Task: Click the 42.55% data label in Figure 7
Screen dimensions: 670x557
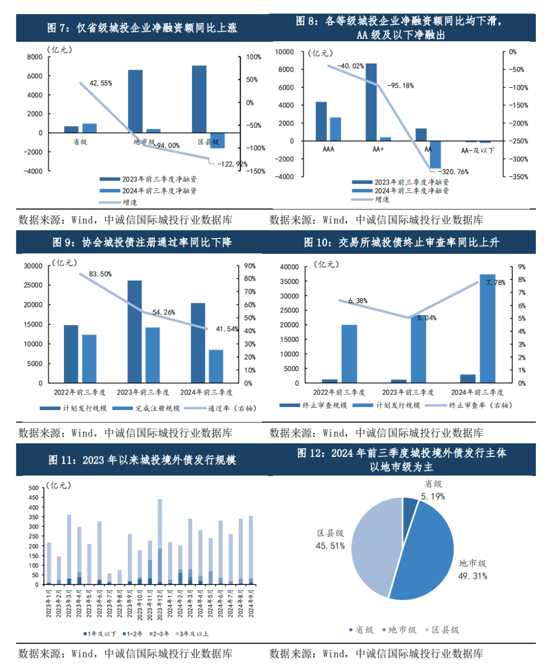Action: pos(101,83)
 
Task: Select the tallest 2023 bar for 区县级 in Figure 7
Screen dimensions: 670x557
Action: pos(199,99)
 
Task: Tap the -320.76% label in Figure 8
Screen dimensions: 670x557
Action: pos(453,172)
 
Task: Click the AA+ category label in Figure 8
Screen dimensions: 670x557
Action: pos(378,149)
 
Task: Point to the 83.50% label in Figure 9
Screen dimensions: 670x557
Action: pos(100,274)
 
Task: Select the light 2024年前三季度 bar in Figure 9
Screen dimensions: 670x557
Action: pos(216,366)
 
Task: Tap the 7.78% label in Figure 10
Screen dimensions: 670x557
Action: pos(496,283)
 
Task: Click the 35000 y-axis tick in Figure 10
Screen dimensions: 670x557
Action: pos(289,282)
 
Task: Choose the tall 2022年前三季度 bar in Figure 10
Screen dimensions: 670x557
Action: pos(349,353)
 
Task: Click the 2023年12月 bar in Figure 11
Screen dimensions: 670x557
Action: pos(160,542)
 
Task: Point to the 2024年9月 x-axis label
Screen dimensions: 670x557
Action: pos(251,603)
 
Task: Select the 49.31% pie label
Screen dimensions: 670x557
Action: pos(472,576)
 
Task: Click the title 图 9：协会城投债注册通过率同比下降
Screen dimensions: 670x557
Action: pos(142,242)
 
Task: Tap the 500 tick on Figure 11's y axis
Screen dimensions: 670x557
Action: pos(34,488)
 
